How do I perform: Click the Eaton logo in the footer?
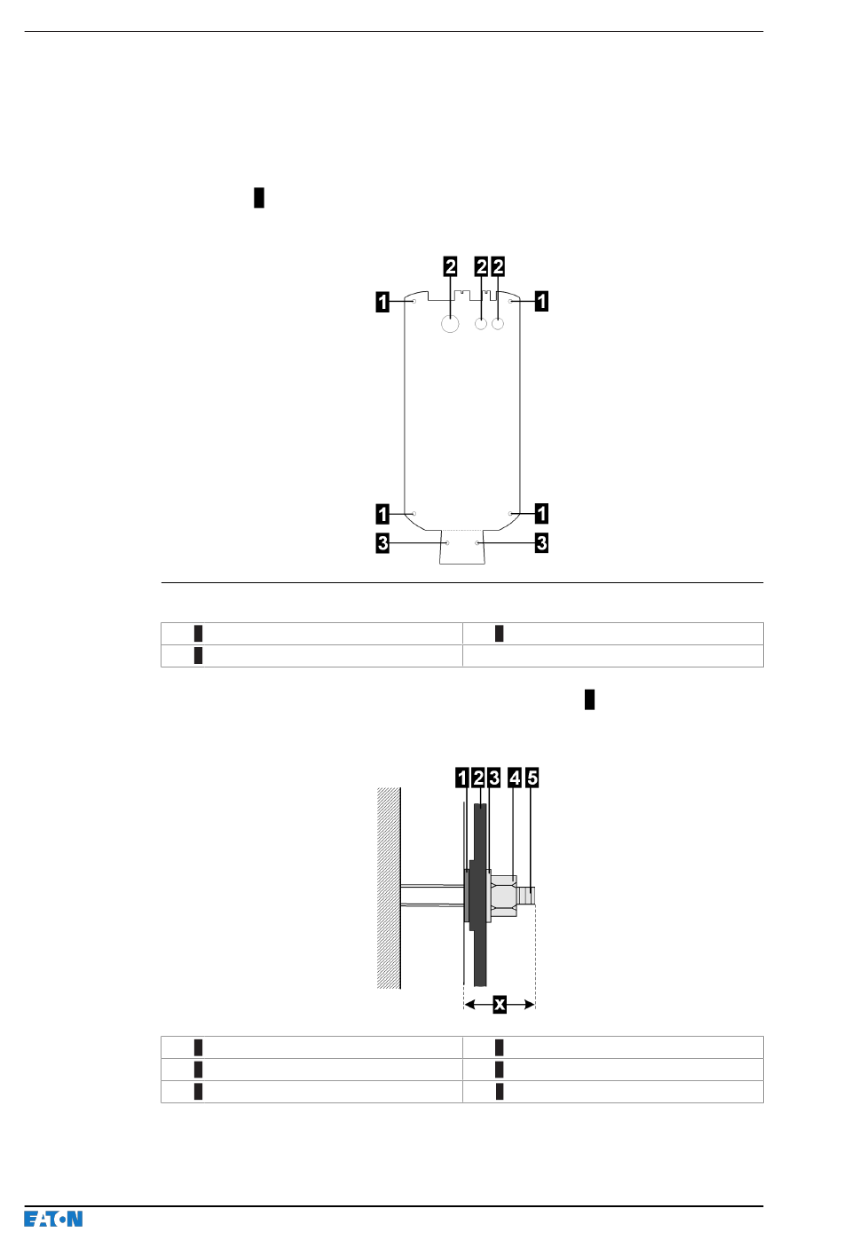53,1219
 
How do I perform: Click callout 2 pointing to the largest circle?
451,267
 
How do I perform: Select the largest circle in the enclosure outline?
450,324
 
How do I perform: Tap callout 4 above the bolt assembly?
515,778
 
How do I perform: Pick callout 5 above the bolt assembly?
532,778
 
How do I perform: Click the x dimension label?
500,1005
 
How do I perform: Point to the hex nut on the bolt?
504,896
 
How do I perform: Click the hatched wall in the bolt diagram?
389,888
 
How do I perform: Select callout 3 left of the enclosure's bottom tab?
382,543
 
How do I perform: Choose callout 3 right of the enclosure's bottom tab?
541,543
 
